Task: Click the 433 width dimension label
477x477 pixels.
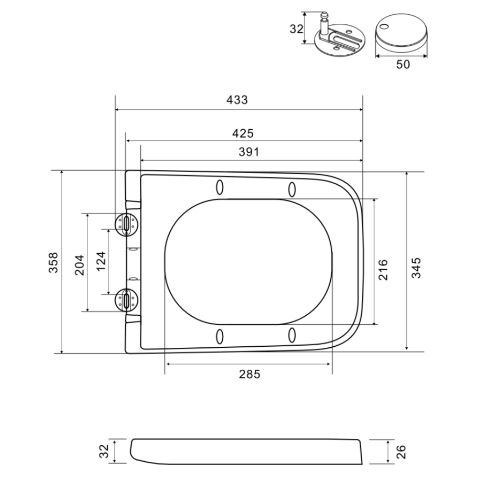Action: pyautogui.click(x=237, y=100)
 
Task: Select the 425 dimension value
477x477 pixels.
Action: pyautogui.click(x=243, y=133)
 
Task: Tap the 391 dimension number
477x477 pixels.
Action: pyautogui.click(x=249, y=152)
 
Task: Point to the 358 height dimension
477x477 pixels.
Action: pyautogui.click(x=53, y=262)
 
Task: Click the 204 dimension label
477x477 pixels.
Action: pyautogui.click(x=79, y=265)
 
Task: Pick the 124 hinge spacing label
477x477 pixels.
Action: pyautogui.click(x=101, y=261)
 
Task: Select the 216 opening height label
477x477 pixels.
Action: pyautogui.click(x=383, y=270)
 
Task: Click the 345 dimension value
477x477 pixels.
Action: pyautogui.click(x=416, y=268)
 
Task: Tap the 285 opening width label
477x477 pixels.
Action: pyautogui.click(x=249, y=374)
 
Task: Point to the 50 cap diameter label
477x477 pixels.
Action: pyautogui.click(x=403, y=64)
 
